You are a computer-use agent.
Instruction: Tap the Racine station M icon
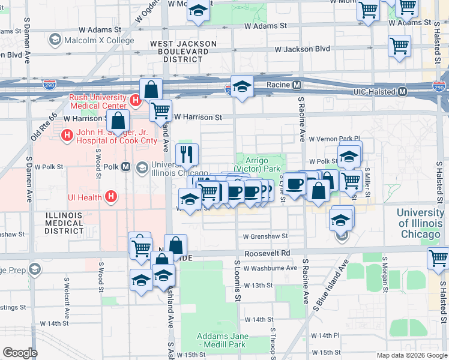tap(297, 85)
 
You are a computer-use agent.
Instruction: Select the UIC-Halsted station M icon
tap(402, 92)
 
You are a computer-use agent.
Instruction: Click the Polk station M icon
tap(126, 167)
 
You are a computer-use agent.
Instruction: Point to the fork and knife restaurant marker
tap(187, 154)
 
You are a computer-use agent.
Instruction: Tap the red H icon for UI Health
tap(110, 196)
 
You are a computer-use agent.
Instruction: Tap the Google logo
tap(20, 352)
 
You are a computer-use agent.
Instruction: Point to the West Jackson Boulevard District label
tap(183, 52)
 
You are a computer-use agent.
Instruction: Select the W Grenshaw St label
tap(265, 236)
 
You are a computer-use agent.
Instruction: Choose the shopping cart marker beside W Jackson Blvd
tap(399, 46)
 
